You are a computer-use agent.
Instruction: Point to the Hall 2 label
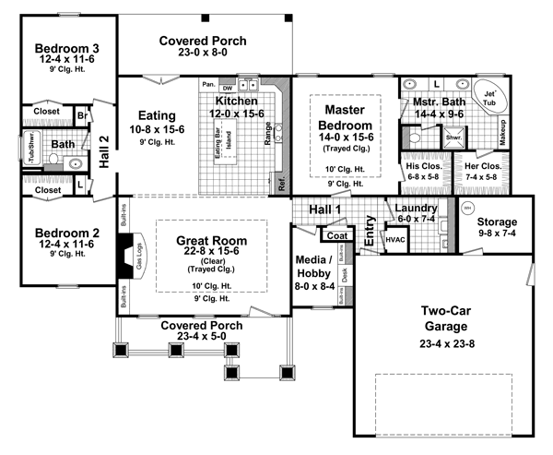coord(104,150)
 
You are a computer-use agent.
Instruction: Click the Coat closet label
coord(335,233)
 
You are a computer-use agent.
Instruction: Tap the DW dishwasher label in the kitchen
coord(229,86)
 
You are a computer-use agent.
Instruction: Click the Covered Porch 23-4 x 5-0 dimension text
coord(202,338)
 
